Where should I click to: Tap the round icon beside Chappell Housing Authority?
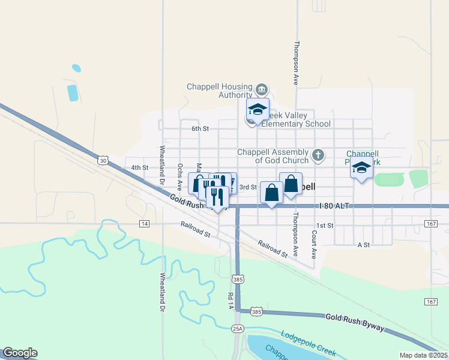(261, 90)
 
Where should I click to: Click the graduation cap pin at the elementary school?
(258, 110)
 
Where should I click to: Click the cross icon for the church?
(318, 156)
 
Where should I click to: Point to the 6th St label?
(200, 128)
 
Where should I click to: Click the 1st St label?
(325, 225)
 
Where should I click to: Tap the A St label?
(364, 245)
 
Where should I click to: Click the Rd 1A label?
(230, 300)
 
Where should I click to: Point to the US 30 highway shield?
(103, 160)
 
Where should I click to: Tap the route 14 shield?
(143, 224)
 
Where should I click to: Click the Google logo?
(20, 352)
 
